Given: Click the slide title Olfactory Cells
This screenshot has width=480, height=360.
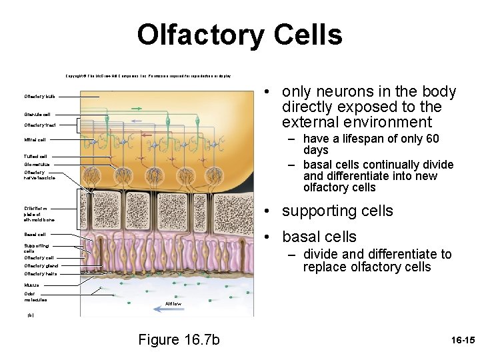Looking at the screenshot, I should [239, 35].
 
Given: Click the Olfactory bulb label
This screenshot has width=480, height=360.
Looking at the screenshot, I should [40, 96].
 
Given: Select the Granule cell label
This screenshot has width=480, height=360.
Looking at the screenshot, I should [37, 114].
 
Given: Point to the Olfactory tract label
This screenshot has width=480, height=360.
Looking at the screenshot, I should [40, 125].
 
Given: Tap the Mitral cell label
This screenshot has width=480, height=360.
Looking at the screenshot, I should [35, 140].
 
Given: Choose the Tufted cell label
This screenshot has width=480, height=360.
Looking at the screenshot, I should [35, 156].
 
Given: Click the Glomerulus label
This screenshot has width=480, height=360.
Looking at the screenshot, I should [37, 164].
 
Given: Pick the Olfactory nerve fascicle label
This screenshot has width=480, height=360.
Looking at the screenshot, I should [39, 175].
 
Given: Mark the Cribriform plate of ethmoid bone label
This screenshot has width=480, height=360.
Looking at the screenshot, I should [39, 213].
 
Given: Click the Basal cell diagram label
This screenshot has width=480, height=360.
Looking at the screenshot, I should [35, 235].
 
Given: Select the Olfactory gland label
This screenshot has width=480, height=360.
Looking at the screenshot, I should [41, 265].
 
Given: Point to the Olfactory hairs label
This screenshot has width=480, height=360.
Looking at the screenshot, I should [41, 273].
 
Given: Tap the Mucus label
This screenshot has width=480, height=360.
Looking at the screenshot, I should [31, 285].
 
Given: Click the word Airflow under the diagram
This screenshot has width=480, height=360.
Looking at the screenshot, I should [173, 303].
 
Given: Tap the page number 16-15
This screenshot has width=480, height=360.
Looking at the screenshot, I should [462, 341].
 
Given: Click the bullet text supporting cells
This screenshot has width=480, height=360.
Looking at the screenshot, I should [337, 211].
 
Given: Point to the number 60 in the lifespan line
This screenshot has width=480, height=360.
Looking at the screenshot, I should [431, 139].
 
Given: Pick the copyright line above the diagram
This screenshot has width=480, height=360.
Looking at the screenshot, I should [148, 77].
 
